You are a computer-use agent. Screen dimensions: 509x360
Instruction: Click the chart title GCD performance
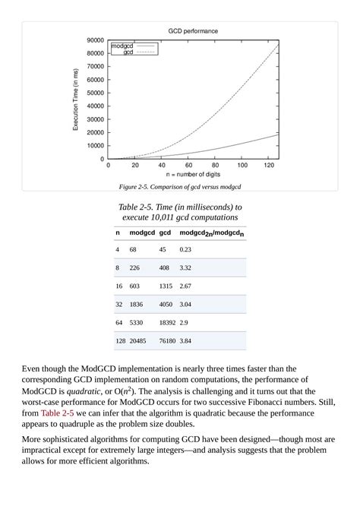point(193,31)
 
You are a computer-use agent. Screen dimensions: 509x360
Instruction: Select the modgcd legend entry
point(122,46)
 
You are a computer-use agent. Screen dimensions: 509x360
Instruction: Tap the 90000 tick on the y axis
point(94,40)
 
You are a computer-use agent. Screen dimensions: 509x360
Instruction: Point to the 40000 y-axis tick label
point(94,106)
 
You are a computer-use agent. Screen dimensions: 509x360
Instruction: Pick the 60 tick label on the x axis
point(188,165)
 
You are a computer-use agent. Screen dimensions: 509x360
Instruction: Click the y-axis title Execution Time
point(76,99)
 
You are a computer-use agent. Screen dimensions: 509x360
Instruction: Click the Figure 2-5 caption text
point(180,187)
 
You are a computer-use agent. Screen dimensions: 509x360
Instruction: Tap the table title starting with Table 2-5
point(180,212)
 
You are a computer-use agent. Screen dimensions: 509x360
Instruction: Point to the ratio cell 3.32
point(185,267)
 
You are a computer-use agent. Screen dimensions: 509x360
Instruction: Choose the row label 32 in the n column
point(119,304)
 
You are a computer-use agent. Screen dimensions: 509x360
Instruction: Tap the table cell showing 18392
point(167,323)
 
